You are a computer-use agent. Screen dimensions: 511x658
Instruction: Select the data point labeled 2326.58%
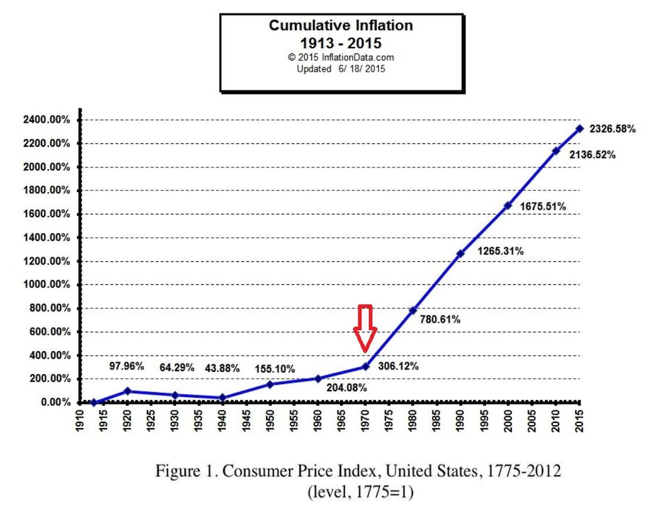[x=579, y=128]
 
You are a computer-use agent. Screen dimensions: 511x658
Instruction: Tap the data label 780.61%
[x=440, y=320]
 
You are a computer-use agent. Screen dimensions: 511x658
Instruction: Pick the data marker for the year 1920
[x=127, y=391]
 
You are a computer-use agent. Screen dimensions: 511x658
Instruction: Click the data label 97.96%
[x=127, y=367]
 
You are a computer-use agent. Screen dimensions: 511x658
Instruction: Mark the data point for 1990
[x=460, y=254]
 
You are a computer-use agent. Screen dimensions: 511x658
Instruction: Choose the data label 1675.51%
[x=543, y=207]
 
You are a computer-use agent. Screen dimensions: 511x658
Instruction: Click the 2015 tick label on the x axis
[x=579, y=421]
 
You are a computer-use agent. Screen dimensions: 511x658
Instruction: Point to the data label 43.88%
[x=222, y=368]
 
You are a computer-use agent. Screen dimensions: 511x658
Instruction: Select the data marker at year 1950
[x=270, y=384]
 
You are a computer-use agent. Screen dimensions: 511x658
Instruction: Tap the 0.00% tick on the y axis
[x=55, y=403]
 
